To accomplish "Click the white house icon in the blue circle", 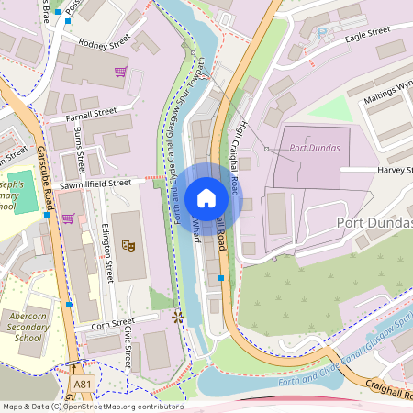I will pyautogui.click(x=206, y=198).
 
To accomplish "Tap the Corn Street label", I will pyautogui.click(x=95, y=325).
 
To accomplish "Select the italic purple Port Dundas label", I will pyautogui.click(x=314, y=148).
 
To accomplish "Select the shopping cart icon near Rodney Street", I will pyautogui.click(x=119, y=72).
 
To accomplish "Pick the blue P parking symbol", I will pyautogui.click(x=321, y=31).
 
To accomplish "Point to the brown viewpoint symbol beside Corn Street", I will pyautogui.click(x=178, y=317).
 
